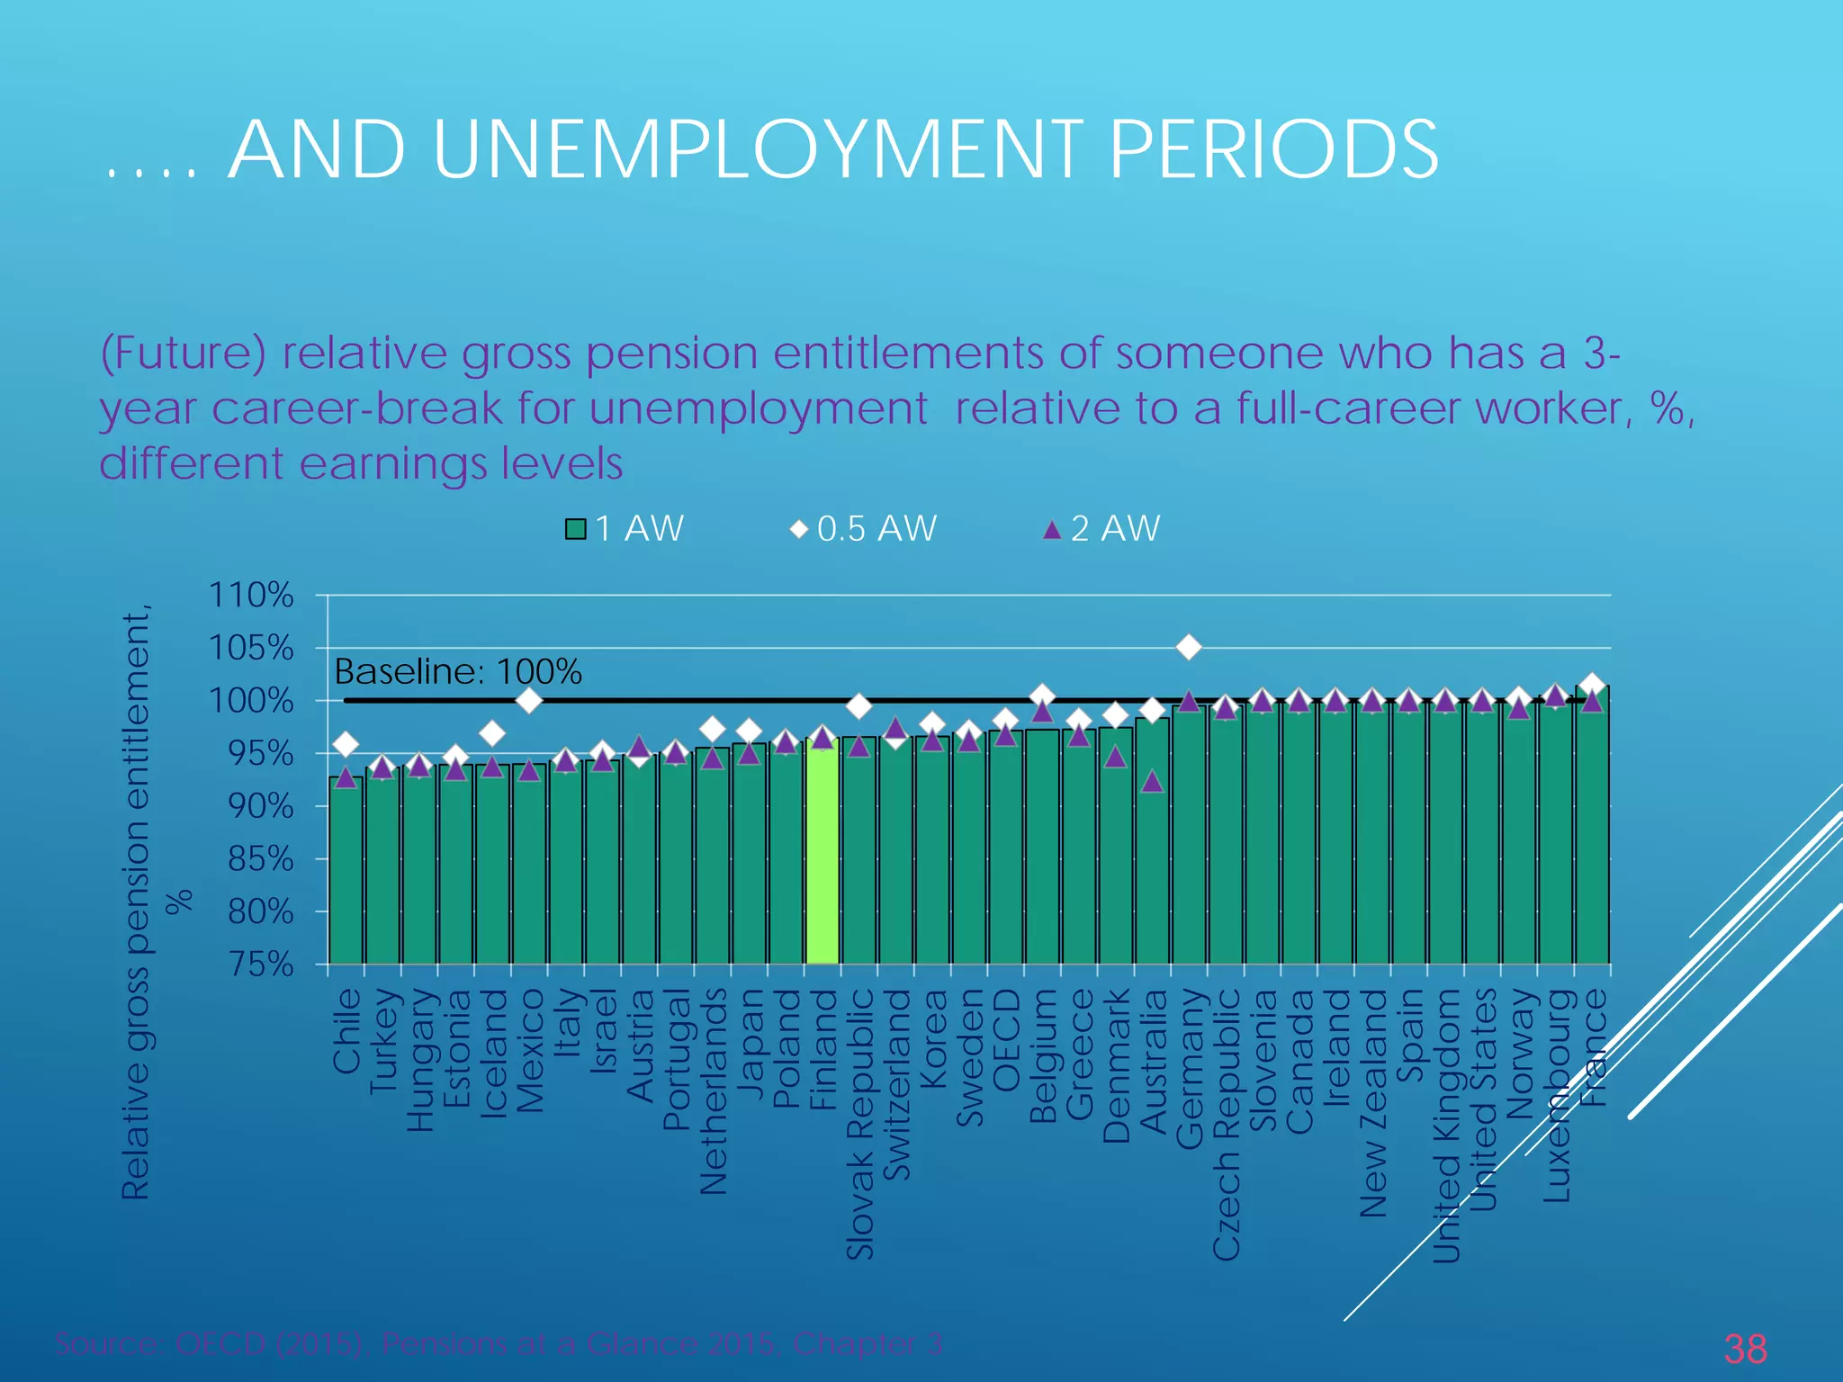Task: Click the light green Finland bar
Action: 823,855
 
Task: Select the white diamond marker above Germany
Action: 1189,647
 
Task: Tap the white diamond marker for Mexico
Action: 529,699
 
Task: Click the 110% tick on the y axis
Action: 251,596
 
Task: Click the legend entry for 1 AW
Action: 625,528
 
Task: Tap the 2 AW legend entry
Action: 1101,528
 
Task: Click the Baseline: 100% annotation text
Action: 458,672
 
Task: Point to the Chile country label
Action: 347,1031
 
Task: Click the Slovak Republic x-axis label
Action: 860,1124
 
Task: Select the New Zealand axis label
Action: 1373,1102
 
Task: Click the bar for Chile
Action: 346,873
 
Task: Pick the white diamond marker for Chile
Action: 346,744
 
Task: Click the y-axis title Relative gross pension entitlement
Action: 137,900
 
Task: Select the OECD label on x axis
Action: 1006,1039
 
